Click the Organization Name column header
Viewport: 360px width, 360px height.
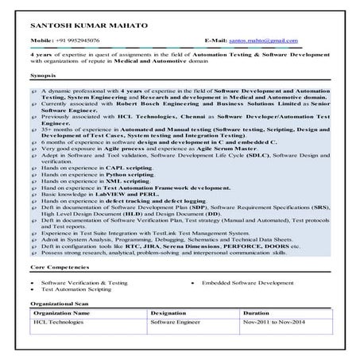click(63, 314)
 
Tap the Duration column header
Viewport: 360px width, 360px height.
click(259, 314)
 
